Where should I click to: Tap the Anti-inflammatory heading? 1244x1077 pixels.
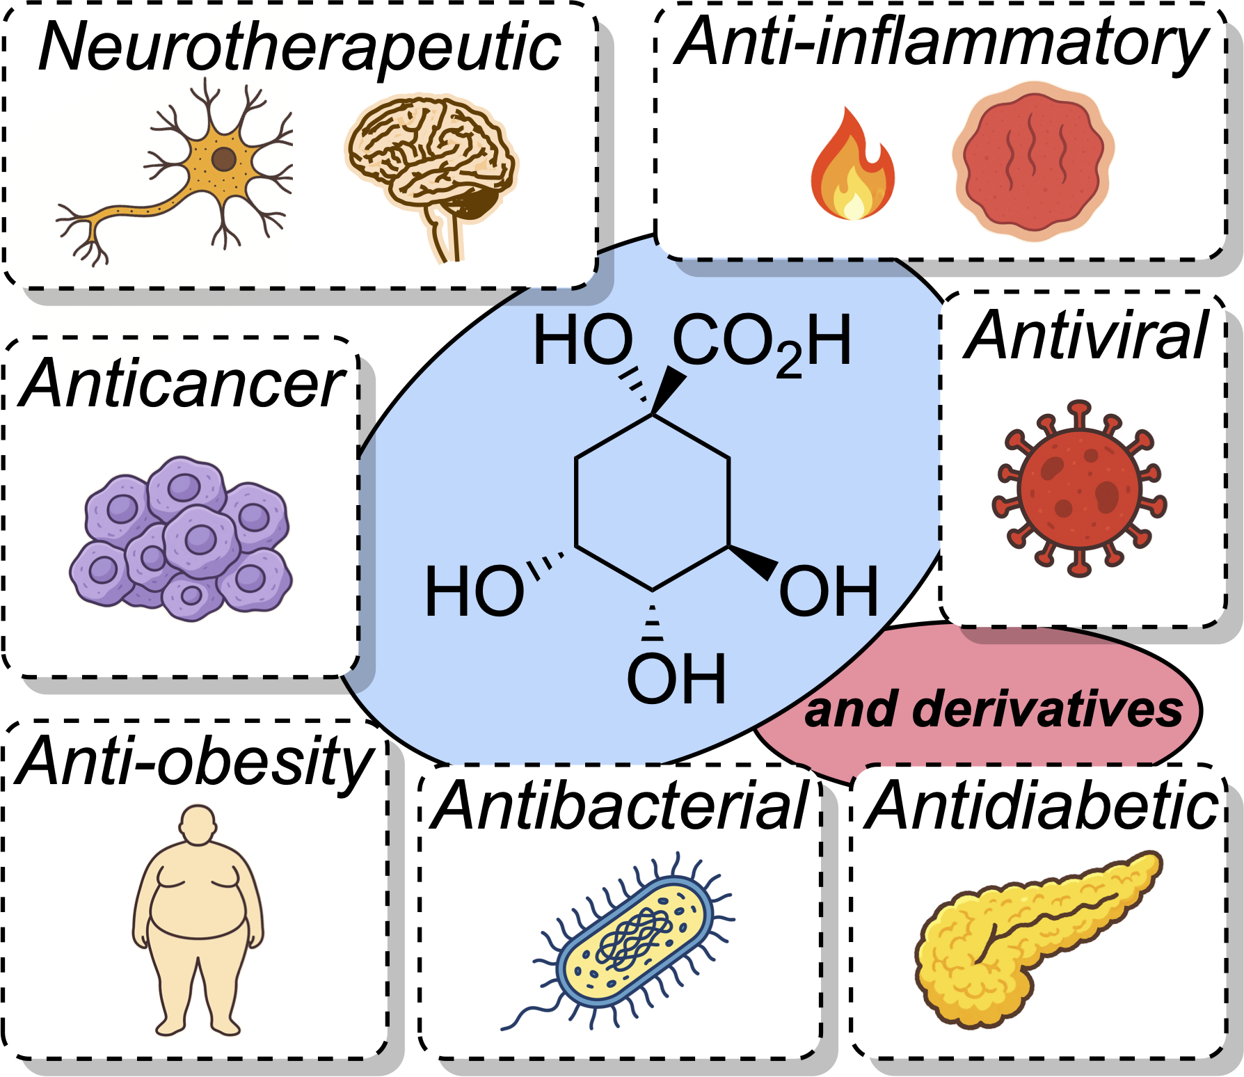pyautogui.click(x=941, y=43)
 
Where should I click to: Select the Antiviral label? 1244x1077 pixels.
pyautogui.click(x=1085, y=336)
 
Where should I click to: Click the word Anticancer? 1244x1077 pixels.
pyautogui.click(x=182, y=383)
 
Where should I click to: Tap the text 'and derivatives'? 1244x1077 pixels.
pyautogui.click(x=994, y=710)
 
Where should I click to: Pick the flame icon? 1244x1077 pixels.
pyautogui.click(x=852, y=167)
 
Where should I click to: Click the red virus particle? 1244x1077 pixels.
pyautogui.click(x=1079, y=488)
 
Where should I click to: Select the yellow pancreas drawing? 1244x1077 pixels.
pyautogui.click(x=1023, y=932)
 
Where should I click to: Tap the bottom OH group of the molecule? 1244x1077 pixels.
pyautogui.click(x=676, y=678)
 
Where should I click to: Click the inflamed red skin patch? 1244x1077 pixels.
pyautogui.click(x=1033, y=161)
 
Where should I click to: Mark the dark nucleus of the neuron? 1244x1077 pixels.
pyautogui.click(x=223, y=159)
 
